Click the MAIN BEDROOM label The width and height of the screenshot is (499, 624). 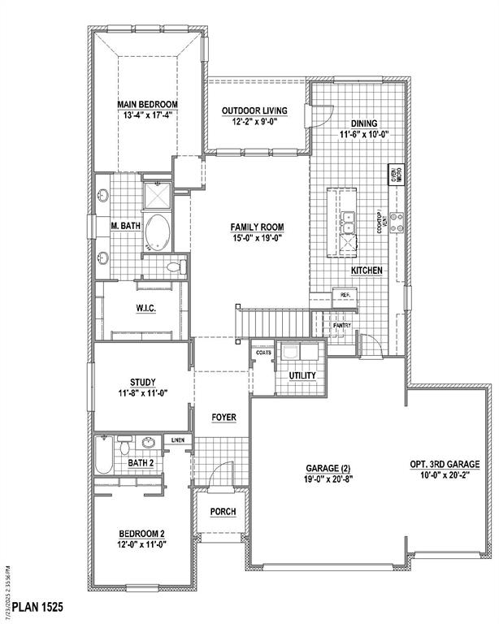pyautogui.click(x=146, y=104)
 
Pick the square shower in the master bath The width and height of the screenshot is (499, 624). pyautogui.click(x=157, y=196)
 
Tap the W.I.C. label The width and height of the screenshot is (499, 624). pyautogui.click(x=146, y=309)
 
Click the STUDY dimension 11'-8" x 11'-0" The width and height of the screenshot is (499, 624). pyautogui.click(x=142, y=392)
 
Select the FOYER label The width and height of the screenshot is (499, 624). pyautogui.click(x=223, y=417)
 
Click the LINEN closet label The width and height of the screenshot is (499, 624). pyautogui.click(x=178, y=440)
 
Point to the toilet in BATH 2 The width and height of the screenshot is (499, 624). pyautogui.click(x=124, y=446)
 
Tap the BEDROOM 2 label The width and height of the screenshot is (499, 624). pyautogui.click(x=142, y=534)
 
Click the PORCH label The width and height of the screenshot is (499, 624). pyautogui.click(x=223, y=512)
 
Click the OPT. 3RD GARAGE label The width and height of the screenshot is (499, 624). pyautogui.click(x=445, y=465)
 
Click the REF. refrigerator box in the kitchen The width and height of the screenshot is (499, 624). pyautogui.click(x=345, y=295)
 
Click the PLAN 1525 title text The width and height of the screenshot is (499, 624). pyautogui.click(x=33, y=607)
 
